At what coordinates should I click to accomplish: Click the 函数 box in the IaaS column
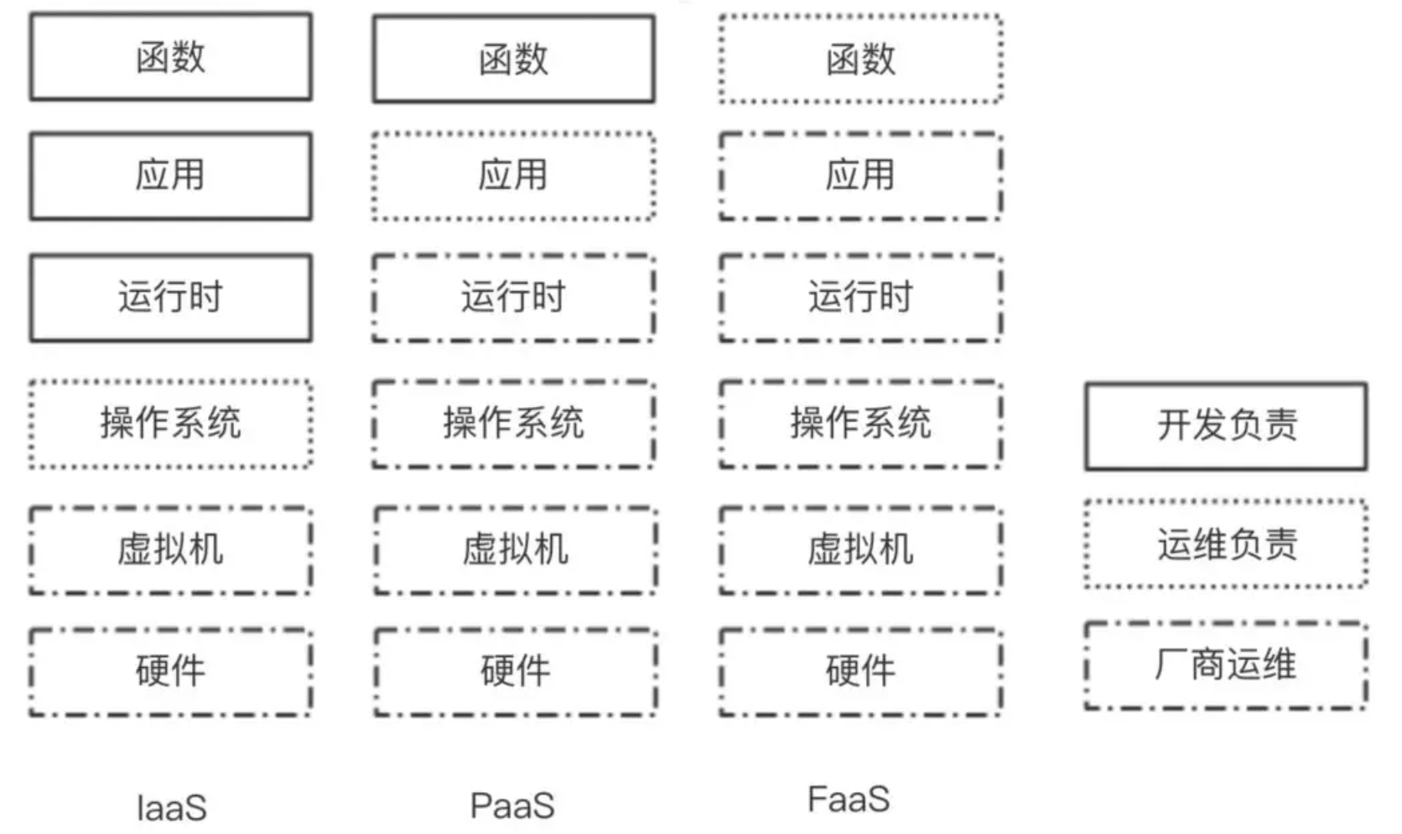170,57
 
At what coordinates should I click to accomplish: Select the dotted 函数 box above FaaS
860,59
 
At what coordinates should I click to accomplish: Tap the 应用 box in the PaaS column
513,175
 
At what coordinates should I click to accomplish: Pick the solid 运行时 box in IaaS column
170,298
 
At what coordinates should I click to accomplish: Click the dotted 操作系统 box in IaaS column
170,423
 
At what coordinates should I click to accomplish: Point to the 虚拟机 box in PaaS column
515,550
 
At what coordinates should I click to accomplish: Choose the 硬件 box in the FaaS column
860,671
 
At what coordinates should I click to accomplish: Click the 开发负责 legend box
1226,425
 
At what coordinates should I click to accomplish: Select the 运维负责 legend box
1226,545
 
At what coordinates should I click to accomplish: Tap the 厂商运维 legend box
1226,665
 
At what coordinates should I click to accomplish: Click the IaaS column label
171,808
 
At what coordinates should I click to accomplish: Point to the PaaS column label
512,805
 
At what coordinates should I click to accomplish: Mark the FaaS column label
849,800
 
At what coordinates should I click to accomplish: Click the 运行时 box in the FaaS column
860,298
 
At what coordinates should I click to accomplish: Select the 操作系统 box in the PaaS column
513,423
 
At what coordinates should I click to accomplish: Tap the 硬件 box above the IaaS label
170,671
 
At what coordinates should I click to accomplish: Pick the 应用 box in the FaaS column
860,175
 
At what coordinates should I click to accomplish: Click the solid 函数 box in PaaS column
513,59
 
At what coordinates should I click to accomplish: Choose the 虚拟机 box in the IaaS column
170,550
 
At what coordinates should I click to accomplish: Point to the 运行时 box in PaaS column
513,298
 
